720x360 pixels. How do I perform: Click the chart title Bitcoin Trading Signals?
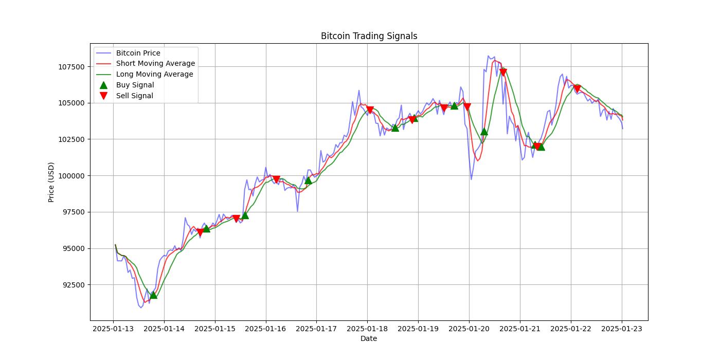click(369, 36)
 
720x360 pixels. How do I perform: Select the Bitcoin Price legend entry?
click(138, 53)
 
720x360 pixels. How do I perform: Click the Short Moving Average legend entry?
click(155, 64)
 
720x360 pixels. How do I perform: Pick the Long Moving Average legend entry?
click(154, 74)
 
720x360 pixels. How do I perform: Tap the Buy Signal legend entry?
click(135, 85)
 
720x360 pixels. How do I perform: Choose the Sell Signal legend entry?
click(134, 96)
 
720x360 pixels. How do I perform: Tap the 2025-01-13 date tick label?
click(113, 328)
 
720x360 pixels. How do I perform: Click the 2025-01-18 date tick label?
click(367, 328)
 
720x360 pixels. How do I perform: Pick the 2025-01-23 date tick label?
click(622, 328)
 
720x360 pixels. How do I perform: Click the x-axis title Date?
click(369, 338)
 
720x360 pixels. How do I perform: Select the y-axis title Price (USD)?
click(51, 182)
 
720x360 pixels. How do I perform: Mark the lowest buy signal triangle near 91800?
click(153, 295)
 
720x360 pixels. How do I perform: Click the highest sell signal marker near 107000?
click(503, 72)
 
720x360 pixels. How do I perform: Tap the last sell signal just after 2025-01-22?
click(577, 89)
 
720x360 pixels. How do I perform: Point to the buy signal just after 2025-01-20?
click(484, 131)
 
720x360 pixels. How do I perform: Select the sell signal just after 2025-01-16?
click(276, 179)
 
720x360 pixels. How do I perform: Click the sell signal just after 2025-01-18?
click(370, 110)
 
